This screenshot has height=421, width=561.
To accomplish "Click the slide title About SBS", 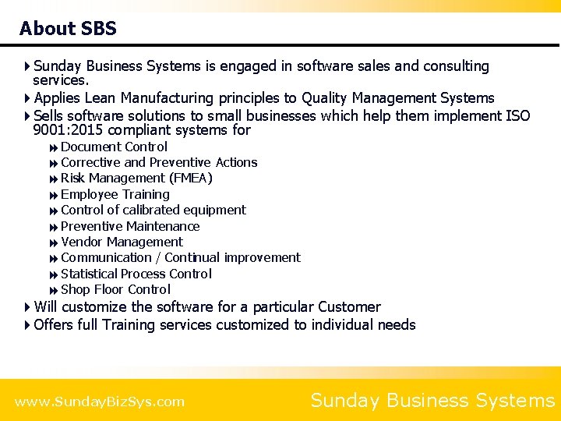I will [68, 29].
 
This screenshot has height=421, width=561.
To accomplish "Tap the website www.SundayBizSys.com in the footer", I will [100, 402].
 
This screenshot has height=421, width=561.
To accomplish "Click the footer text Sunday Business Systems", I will [432, 401].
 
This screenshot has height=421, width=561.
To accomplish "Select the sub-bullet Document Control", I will [114, 147].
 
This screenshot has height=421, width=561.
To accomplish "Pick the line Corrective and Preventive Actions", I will [159, 162].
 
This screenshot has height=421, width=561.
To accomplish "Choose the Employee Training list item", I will [115, 194].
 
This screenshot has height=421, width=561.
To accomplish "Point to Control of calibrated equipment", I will [153, 210].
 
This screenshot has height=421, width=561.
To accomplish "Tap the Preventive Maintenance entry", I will [130, 226].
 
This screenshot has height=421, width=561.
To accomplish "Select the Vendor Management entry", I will [122, 242].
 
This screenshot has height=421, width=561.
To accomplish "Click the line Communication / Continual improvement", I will [180, 257].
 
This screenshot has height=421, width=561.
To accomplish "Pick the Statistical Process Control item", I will [136, 274].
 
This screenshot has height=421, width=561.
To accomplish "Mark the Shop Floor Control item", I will [115, 289].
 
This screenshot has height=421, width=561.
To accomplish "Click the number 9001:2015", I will [71, 130].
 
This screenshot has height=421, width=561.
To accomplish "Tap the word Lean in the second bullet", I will [99, 98].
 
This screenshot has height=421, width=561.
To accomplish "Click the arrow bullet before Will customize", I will [28, 307].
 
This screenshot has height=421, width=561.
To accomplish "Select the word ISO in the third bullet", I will [517, 116].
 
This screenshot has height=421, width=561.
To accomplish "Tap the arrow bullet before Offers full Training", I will [28, 325].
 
